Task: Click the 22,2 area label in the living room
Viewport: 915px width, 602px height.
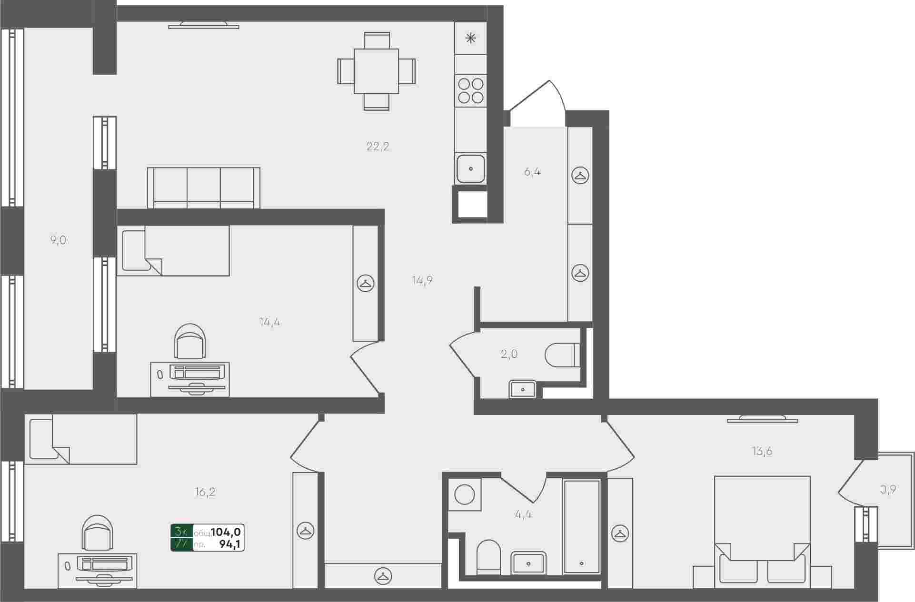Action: point(378,147)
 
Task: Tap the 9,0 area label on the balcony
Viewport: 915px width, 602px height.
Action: point(59,240)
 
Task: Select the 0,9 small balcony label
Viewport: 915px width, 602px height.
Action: point(888,489)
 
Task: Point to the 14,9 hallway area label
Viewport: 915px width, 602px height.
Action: point(422,280)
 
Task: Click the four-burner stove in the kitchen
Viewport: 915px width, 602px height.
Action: point(470,91)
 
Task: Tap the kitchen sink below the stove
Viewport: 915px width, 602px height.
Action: point(470,168)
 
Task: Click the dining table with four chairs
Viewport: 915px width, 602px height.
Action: point(376,71)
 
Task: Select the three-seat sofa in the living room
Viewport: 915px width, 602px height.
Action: point(204,188)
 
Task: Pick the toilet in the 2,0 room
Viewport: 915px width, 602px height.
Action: point(562,355)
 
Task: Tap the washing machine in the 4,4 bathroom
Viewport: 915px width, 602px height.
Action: point(465,494)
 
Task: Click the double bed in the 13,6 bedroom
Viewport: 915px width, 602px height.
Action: point(762,532)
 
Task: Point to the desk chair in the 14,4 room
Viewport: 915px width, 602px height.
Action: point(190,341)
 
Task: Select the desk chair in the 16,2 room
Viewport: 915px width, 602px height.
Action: point(98,533)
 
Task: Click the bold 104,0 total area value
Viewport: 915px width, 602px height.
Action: point(226,532)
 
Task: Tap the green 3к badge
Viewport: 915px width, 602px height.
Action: point(181,532)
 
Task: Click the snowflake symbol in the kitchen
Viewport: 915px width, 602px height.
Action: point(470,38)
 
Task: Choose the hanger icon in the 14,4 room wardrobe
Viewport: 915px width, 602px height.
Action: point(366,284)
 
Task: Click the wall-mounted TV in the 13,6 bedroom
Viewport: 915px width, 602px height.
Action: point(762,419)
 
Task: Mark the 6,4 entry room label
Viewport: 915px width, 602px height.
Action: point(532,172)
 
